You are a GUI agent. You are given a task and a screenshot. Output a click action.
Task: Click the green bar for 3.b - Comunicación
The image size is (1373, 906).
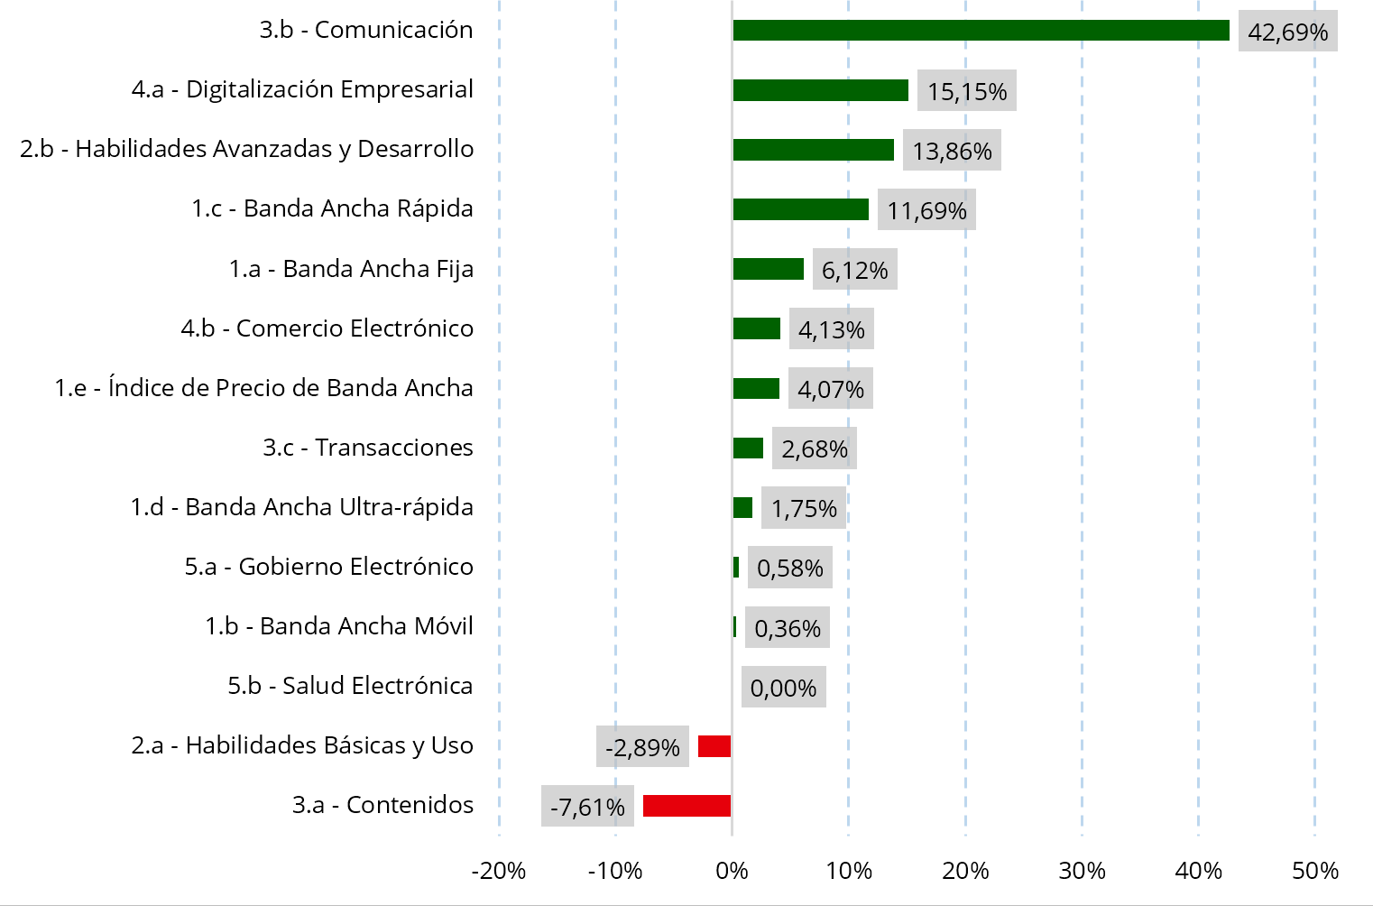click(981, 30)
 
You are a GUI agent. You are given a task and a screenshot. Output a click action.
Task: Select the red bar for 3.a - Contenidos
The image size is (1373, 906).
click(686, 806)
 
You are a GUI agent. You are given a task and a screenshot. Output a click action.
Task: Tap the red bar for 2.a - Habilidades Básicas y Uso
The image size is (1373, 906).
click(714, 746)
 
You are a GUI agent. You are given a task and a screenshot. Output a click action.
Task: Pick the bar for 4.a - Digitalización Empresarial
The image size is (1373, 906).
click(820, 90)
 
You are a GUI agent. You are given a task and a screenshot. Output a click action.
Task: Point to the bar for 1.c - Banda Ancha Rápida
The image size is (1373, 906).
click(800, 209)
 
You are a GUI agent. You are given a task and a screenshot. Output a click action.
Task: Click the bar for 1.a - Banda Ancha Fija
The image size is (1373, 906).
click(768, 269)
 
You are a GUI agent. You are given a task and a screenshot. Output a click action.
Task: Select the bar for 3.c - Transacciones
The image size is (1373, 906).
click(748, 448)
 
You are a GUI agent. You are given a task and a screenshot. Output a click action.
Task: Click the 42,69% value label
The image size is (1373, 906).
click(1287, 32)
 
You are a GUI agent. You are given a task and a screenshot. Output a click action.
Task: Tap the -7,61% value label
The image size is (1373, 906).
click(587, 807)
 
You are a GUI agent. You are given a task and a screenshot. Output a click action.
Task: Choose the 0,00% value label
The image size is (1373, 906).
click(783, 688)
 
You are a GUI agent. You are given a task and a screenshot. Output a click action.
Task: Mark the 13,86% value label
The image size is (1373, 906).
click(952, 151)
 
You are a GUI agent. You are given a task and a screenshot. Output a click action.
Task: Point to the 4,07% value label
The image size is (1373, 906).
click(830, 389)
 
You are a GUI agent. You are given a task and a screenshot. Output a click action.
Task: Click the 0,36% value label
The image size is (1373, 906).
click(787, 628)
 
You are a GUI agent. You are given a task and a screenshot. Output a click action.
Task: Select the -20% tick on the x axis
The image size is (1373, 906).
click(499, 871)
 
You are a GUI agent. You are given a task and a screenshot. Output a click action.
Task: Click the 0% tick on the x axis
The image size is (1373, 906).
click(732, 871)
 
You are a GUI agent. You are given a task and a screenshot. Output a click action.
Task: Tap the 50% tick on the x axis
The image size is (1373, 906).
click(1314, 871)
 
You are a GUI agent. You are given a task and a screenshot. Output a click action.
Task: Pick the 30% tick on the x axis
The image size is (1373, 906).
click(1082, 871)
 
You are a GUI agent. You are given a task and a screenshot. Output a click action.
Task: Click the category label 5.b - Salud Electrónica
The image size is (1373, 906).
click(350, 686)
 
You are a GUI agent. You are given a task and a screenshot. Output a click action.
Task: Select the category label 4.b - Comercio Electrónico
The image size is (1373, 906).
click(327, 328)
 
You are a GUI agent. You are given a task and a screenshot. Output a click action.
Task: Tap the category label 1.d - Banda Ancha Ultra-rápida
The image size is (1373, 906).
click(301, 507)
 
